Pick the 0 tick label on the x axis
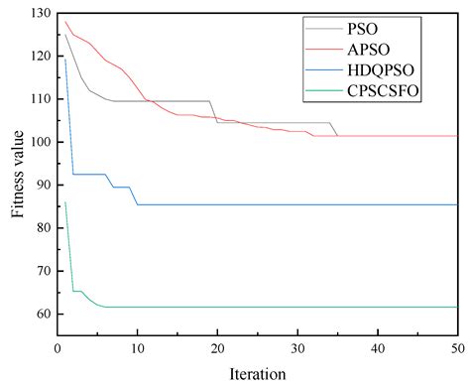[58, 347]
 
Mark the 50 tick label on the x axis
[457, 347]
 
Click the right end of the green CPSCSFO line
[457, 307]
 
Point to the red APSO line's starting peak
[65, 22]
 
